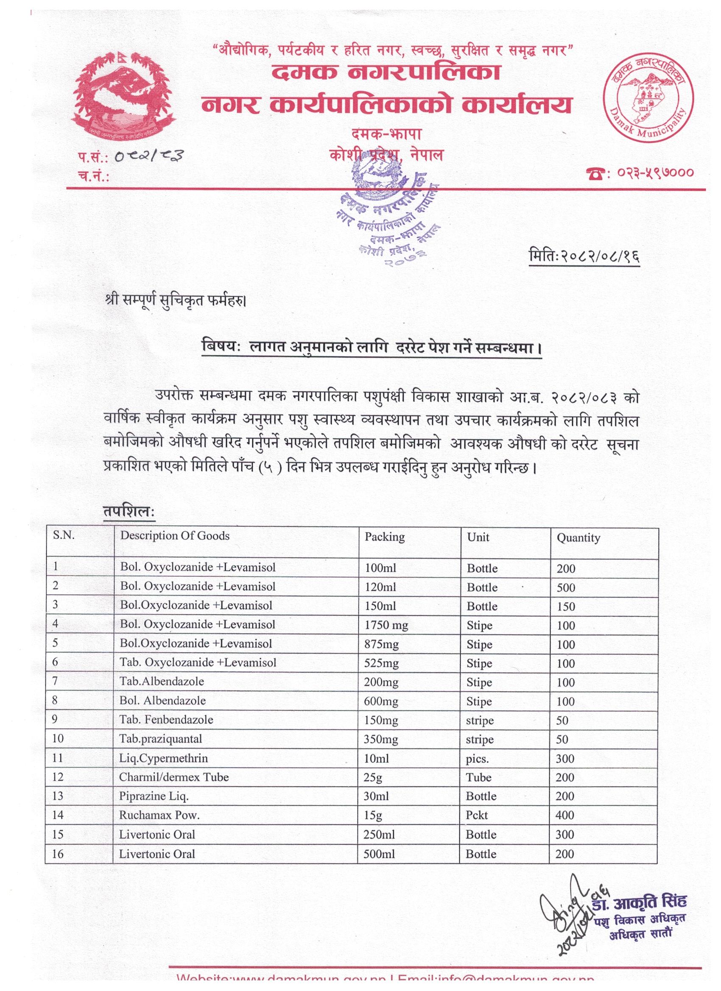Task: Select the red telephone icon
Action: [x=597, y=173]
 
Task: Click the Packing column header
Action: [x=385, y=536]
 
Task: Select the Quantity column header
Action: [x=578, y=537]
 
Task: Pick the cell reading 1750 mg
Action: [x=386, y=625]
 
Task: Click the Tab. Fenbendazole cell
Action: [x=166, y=719]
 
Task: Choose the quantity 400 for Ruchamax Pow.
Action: [x=565, y=815]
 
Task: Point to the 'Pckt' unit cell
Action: [x=477, y=815]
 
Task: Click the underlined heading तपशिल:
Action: [x=129, y=512]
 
